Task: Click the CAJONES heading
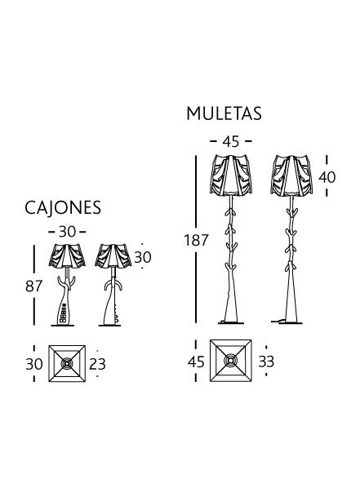63,207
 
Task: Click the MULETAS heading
224,113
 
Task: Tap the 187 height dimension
196,240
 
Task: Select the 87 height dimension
33,286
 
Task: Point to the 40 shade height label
327,177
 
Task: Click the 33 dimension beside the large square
266,362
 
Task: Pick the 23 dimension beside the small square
97,364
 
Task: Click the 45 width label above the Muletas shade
231,142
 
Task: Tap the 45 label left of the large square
196,362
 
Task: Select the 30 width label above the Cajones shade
67,232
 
